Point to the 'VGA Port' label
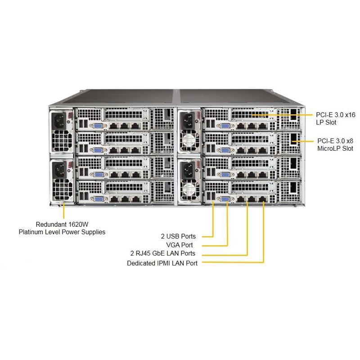(180, 245)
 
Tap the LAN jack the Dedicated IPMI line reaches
(263, 198)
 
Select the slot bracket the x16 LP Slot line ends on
(252, 116)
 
